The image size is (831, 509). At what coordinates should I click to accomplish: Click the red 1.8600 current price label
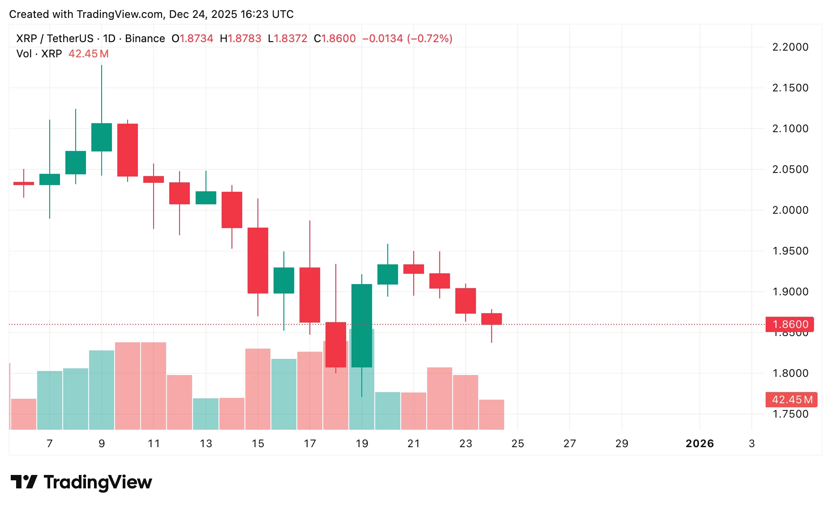click(790, 324)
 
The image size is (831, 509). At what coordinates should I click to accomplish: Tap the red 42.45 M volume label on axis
click(792, 399)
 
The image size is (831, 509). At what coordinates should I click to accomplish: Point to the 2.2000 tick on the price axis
click(790, 47)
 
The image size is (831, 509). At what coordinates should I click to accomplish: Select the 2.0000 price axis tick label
click(790, 210)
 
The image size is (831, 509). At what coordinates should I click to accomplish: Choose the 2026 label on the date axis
click(699, 444)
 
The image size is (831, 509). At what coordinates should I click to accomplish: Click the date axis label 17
click(310, 444)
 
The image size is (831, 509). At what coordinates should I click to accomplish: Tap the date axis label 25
click(518, 444)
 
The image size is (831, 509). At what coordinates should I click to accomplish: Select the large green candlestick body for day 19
click(362, 325)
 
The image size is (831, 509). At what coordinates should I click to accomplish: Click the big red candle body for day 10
click(128, 150)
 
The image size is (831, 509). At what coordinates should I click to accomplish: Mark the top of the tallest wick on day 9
click(102, 66)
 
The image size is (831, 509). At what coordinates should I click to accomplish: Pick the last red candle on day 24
click(492, 319)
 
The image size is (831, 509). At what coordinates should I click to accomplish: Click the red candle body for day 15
click(258, 260)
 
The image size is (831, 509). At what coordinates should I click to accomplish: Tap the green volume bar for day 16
click(284, 394)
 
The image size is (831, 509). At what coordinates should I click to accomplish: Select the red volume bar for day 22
click(440, 398)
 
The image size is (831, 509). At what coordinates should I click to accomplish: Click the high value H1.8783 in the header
click(240, 39)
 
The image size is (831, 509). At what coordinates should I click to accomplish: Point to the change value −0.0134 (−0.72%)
click(407, 39)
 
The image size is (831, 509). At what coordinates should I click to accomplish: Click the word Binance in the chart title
click(145, 39)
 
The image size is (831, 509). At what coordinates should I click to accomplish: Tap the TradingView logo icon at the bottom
click(24, 482)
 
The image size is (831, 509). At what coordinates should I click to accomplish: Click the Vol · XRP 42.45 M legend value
click(88, 54)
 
